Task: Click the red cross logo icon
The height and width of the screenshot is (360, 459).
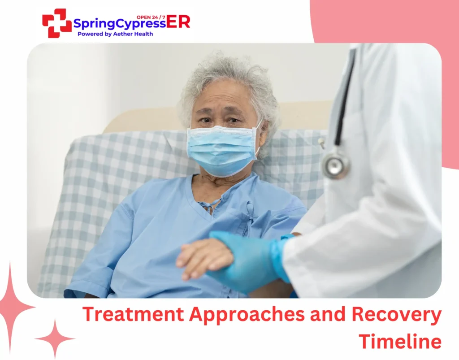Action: click(57, 23)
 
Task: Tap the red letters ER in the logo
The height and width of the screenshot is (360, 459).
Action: click(178, 22)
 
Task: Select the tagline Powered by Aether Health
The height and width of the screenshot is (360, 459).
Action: click(115, 34)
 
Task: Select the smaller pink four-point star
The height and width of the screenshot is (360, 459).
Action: click(55, 338)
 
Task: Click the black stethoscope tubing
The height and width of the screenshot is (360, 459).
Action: click(345, 99)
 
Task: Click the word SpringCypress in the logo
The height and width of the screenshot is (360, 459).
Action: click(119, 23)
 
